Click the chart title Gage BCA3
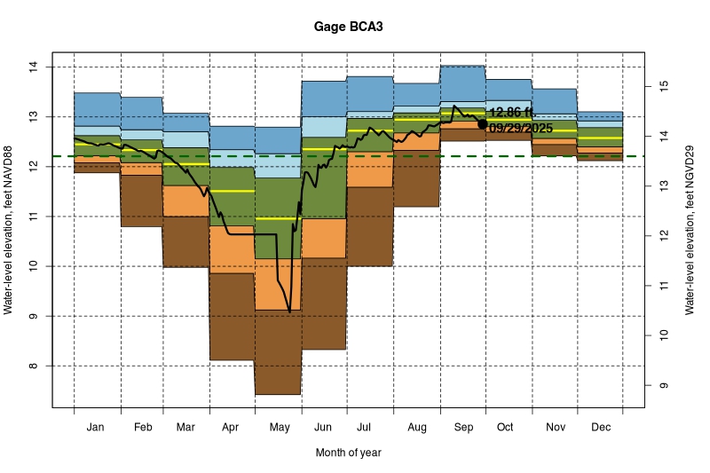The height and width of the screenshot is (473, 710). click(349, 27)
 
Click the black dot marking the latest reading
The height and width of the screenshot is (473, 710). click(482, 124)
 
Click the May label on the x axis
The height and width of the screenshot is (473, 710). click(279, 428)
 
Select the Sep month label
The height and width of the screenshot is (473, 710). click(462, 428)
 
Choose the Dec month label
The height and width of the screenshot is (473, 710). click(600, 428)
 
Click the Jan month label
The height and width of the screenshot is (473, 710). click(97, 428)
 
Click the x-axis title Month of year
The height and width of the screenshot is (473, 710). click(348, 453)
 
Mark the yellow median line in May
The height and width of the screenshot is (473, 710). click(266, 218)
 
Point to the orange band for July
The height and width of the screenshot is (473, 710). click(370, 169)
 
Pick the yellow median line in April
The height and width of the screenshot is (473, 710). click(233, 191)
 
